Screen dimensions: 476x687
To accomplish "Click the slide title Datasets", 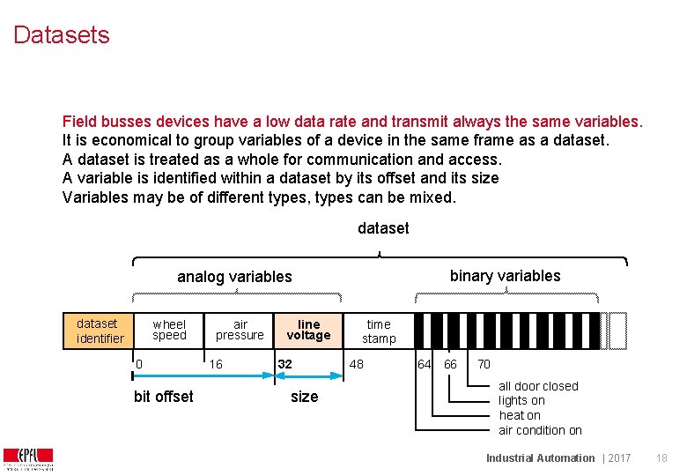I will pyautogui.click(x=62, y=35).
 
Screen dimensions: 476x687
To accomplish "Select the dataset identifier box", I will pyautogui.click(x=98, y=331).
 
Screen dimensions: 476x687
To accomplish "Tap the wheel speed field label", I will pyautogui.click(x=169, y=330).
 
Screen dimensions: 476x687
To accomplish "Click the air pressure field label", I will pyautogui.click(x=240, y=330).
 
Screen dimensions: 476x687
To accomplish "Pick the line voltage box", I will pyautogui.click(x=308, y=330).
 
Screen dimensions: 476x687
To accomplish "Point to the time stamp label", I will pyautogui.click(x=379, y=331).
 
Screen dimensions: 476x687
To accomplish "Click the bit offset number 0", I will pyautogui.click(x=139, y=364).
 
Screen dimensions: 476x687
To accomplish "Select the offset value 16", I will pyautogui.click(x=215, y=364).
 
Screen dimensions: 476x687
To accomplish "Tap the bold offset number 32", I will pyautogui.click(x=285, y=364).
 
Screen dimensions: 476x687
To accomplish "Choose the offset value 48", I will pyautogui.click(x=356, y=364).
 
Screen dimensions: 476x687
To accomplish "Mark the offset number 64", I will pyautogui.click(x=424, y=364).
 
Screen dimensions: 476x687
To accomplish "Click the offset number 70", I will pyautogui.click(x=484, y=364).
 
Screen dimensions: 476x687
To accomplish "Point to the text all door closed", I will pyautogui.click(x=538, y=386).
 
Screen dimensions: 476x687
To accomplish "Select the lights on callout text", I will pyautogui.click(x=521, y=400).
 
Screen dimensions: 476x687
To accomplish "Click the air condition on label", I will pyautogui.click(x=540, y=430).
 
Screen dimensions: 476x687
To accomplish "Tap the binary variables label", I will pyautogui.click(x=505, y=276).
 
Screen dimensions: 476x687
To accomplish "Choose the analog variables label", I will pyautogui.click(x=234, y=277).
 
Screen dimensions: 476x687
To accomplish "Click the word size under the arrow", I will pyautogui.click(x=304, y=397).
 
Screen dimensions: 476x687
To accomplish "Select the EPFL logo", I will pyautogui.click(x=28, y=458).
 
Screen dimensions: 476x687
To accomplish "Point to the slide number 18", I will pyautogui.click(x=661, y=458).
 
